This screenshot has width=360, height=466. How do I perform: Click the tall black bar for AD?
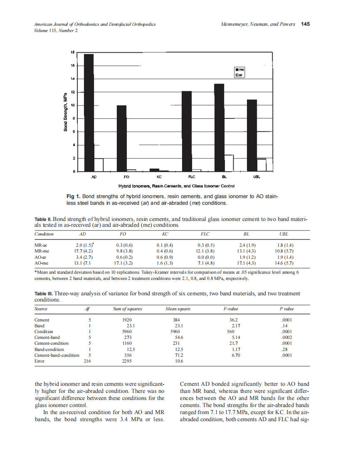click(x=89, y=113)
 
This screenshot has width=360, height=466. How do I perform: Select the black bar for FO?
click(x=121, y=138)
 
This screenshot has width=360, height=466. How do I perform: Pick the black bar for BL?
click(x=219, y=128)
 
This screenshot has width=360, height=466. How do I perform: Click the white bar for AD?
click(x=99, y=165)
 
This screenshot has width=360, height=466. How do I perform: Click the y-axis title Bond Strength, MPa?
click(x=65, y=112)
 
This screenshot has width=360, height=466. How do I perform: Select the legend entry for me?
click(x=240, y=70)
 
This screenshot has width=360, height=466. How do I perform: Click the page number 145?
click(x=306, y=24)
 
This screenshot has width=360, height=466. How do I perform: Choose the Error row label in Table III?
click(x=39, y=361)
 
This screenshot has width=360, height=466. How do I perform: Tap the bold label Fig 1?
click(x=73, y=196)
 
